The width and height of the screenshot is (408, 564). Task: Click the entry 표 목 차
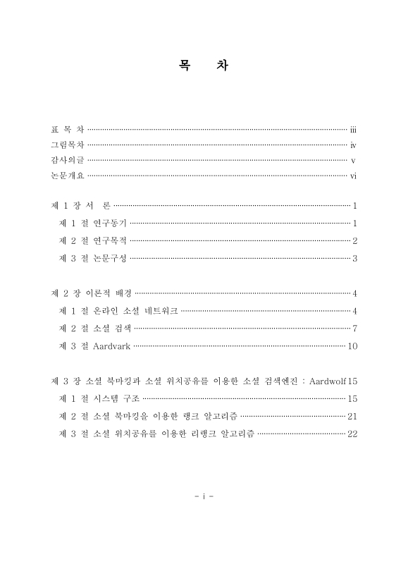pyautogui.click(x=68, y=130)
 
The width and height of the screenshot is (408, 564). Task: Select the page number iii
pyautogui.click(x=354, y=130)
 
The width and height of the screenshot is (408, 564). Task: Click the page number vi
pyautogui.click(x=354, y=176)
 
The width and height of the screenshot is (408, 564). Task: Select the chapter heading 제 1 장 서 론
pyautogui.click(x=81, y=206)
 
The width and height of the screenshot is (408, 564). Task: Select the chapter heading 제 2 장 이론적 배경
pyautogui.click(x=92, y=293)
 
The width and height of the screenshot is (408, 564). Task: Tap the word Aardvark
pyautogui.click(x=112, y=346)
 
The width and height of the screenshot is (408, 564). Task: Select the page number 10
pyautogui.click(x=353, y=346)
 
